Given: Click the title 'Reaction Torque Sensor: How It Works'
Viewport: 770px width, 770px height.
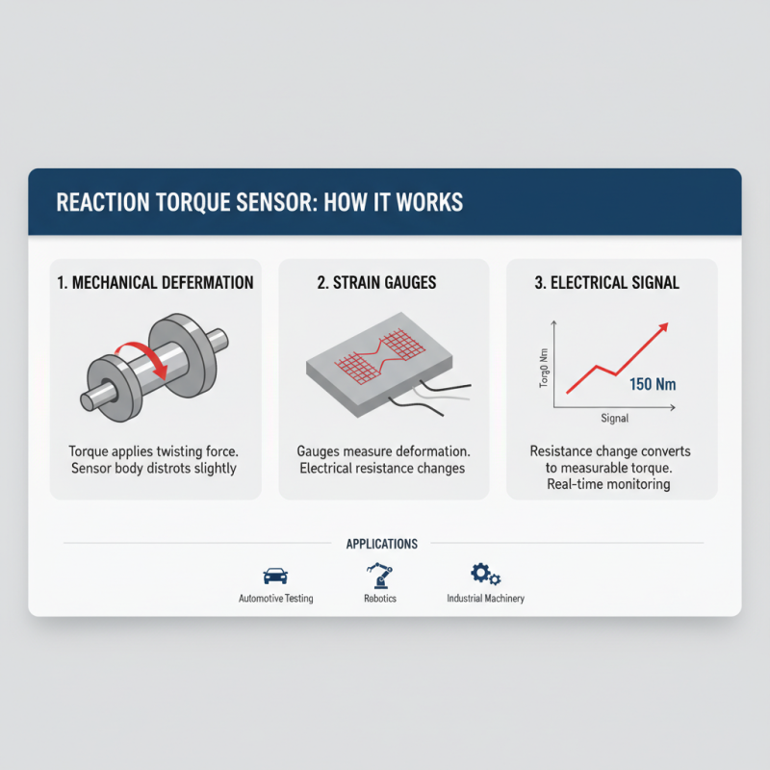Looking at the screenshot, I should click(x=259, y=203).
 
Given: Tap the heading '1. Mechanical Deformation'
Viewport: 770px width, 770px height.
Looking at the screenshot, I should click(x=155, y=283).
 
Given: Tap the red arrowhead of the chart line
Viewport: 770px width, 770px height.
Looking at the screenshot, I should click(x=662, y=328).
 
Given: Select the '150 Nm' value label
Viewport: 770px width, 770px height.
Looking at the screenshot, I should click(x=652, y=385).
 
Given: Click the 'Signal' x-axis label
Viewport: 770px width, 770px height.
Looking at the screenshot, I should click(x=614, y=418).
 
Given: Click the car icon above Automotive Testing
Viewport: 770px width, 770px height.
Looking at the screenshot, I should click(x=275, y=576).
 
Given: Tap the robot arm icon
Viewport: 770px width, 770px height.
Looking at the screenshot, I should click(x=380, y=575).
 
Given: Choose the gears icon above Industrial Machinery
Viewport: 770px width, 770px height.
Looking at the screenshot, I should click(x=485, y=575).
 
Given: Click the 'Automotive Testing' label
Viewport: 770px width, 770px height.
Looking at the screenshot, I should click(x=275, y=599).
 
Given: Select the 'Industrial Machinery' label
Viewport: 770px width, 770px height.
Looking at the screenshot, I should click(x=485, y=599).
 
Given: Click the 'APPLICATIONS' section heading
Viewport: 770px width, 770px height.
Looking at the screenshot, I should click(x=382, y=544).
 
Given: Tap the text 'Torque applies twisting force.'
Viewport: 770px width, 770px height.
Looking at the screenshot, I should click(x=155, y=450).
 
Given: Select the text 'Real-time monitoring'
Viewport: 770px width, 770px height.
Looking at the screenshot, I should click(x=611, y=485).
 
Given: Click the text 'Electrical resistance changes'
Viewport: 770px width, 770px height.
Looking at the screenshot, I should click(x=383, y=469).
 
